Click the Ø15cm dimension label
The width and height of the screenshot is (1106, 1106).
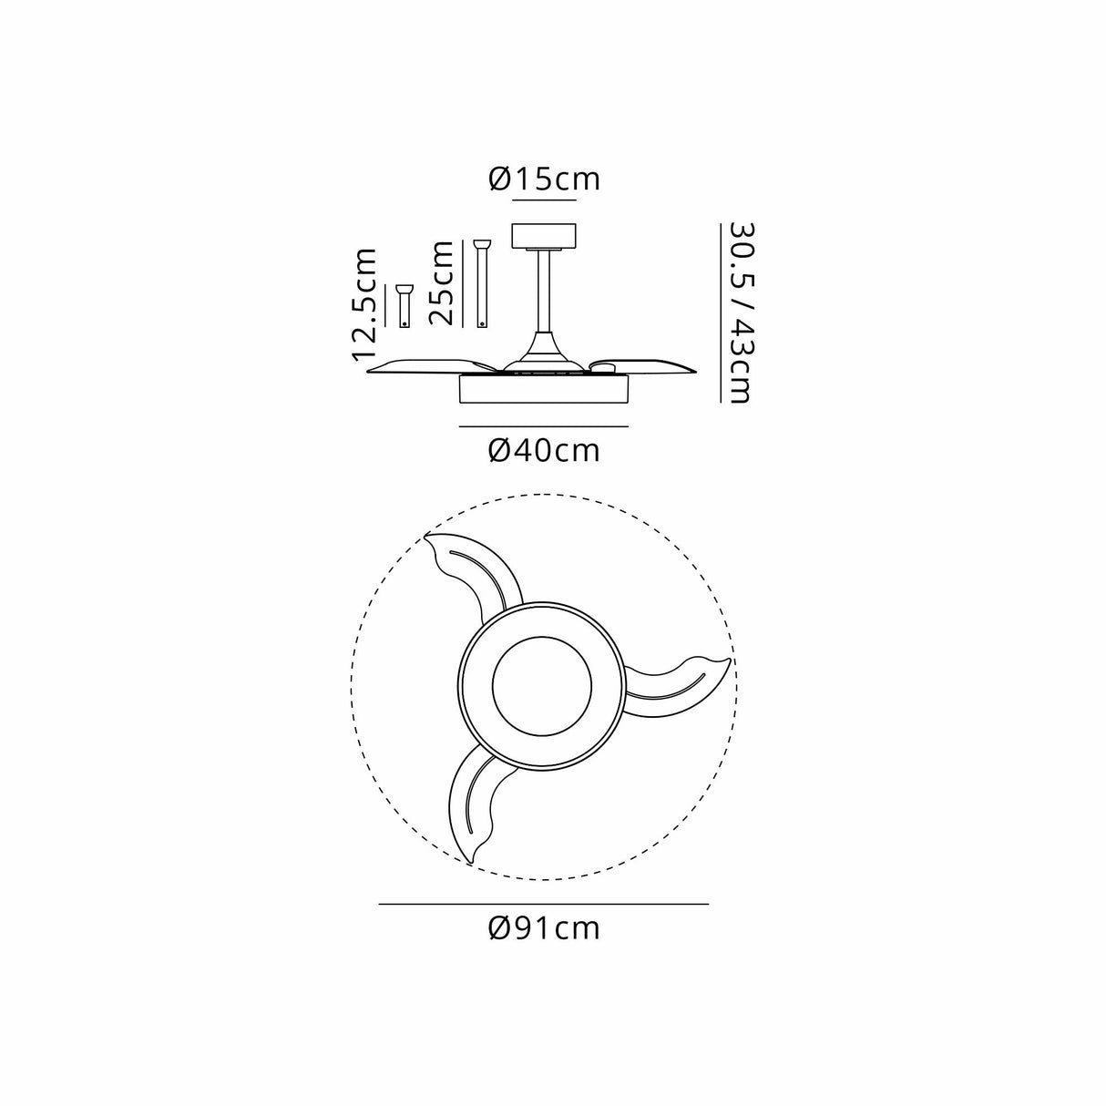[x=544, y=179]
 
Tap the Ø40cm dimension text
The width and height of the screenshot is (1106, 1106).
[x=544, y=449]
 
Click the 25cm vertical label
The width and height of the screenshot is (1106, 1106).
[x=442, y=282]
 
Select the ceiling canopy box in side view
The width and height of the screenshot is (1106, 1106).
[x=544, y=235]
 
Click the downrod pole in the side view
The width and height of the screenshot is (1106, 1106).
[x=544, y=292]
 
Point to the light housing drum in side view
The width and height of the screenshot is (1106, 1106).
[x=544, y=390]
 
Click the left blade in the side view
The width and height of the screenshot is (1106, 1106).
[x=428, y=365]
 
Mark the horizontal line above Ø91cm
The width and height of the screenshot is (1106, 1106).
[x=544, y=904]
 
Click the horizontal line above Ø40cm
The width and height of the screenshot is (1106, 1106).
[x=544, y=426]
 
